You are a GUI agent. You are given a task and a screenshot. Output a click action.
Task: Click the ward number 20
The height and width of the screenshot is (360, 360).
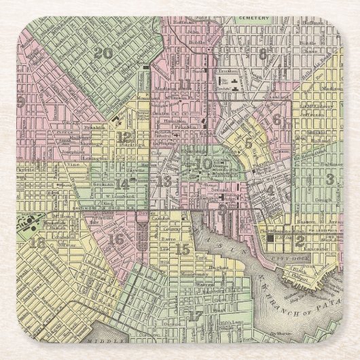click(105, 53)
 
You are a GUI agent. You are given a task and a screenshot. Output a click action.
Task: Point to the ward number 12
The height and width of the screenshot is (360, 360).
click(124, 137)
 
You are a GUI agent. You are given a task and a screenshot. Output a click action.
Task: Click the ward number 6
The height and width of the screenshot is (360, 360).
click(276, 120)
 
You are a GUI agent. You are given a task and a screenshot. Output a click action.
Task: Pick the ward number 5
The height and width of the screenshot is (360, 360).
click(249, 143)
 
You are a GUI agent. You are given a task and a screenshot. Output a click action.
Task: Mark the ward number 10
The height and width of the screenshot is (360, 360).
click(203, 163)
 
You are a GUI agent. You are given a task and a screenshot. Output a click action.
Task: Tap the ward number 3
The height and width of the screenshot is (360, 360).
click(330, 179)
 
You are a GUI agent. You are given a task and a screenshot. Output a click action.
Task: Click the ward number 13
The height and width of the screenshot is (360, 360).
click(164, 181)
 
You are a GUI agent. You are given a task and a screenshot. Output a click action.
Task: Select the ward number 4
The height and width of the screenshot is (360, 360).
click(271, 190)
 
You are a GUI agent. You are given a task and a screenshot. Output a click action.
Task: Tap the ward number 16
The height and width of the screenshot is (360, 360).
click(116, 238)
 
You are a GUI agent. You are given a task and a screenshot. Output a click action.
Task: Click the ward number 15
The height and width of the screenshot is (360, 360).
click(182, 249)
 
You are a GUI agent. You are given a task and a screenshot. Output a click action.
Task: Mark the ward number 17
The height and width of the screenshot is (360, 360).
click(196, 315)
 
